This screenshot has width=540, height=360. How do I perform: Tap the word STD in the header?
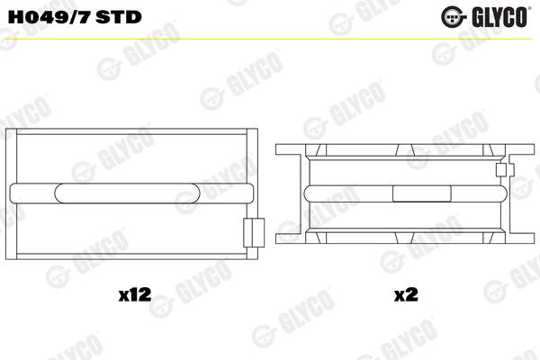(x=119, y=16)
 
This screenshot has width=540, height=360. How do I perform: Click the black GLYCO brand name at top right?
(x=499, y=16)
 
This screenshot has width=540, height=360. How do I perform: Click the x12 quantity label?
(x=135, y=295)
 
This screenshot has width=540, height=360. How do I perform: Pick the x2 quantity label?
(x=406, y=295)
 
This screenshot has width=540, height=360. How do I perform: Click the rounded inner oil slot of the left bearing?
(x=127, y=193)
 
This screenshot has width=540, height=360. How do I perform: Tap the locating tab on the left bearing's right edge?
(x=254, y=232)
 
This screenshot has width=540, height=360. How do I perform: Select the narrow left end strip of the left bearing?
(x=12, y=194)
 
